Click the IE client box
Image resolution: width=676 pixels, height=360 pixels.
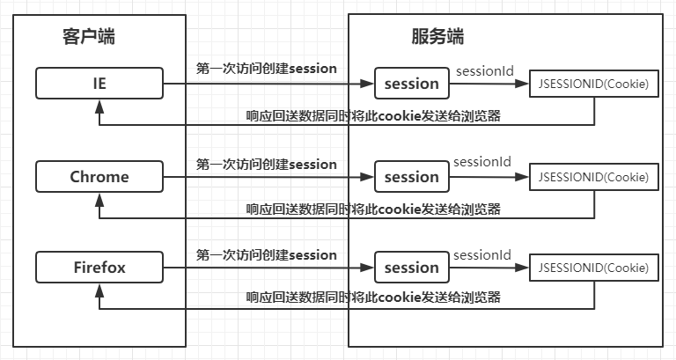point(99,84)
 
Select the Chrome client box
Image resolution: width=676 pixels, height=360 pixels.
point(99,177)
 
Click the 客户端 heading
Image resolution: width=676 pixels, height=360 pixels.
point(89,37)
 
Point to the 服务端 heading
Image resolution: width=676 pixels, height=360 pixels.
point(437,37)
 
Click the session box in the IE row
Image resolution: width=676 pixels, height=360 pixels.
point(412,84)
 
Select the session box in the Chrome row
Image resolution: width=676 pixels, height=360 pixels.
point(412,177)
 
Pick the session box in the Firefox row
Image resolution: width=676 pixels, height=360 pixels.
point(412,268)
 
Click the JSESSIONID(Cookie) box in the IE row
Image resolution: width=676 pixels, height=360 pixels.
point(592,84)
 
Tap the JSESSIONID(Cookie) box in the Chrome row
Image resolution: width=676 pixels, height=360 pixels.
point(592,177)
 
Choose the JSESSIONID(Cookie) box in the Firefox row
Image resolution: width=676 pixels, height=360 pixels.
point(592,268)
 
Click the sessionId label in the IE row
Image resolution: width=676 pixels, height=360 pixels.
point(482,70)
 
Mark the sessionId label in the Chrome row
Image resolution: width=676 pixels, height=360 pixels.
point(482,162)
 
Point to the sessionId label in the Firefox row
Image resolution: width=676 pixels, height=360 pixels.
point(482,254)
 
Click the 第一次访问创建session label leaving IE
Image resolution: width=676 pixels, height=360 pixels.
point(266,68)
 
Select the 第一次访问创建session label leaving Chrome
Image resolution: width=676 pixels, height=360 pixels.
point(266,164)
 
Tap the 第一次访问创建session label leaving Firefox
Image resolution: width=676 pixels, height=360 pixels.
point(266,255)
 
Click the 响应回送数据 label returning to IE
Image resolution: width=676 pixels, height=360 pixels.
point(373,114)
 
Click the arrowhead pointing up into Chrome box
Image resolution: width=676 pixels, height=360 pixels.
point(99,197)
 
